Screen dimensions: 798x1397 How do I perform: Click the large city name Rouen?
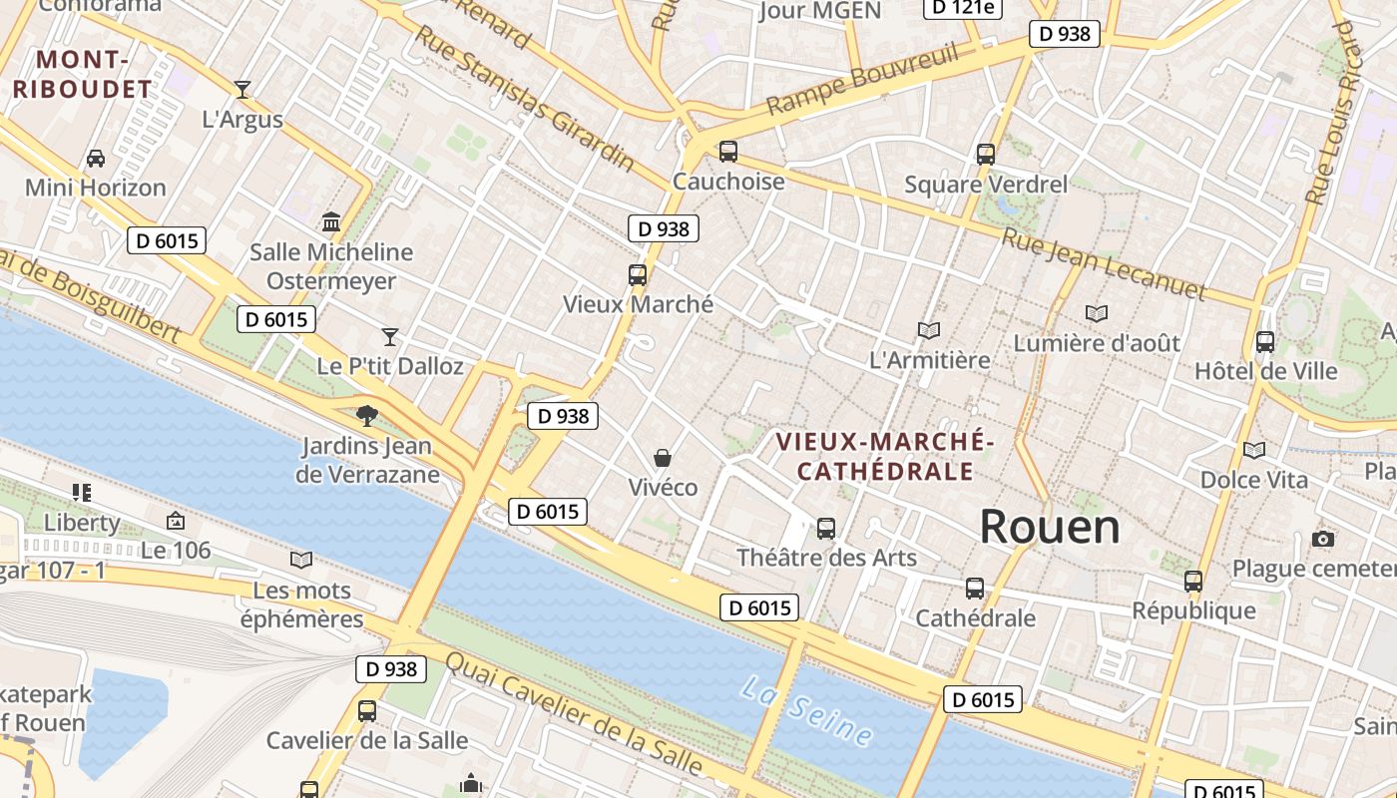coord(1050,526)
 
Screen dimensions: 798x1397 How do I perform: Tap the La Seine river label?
coord(806,710)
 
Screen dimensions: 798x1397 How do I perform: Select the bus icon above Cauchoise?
coord(728,152)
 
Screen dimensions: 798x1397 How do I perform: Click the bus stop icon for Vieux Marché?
coord(638,274)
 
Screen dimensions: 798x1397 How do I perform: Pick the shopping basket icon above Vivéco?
coord(662,458)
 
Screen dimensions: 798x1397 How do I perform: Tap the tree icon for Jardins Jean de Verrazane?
coord(367,415)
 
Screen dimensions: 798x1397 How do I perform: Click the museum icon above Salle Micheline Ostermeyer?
coord(331,221)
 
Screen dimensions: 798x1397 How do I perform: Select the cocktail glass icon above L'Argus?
coord(241,90)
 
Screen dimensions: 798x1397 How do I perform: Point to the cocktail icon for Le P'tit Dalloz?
coord(390,337)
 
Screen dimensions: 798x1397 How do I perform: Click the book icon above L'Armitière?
coord(929,330)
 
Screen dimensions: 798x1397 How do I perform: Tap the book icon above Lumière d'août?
coord(1097,313)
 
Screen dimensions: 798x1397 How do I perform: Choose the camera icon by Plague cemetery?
coord(1323,539)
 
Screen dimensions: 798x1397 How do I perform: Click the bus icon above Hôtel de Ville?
coord(1265,341)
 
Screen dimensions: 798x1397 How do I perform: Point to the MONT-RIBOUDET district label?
coord(83,75)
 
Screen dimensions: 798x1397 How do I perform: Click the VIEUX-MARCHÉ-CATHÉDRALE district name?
coord(885,456)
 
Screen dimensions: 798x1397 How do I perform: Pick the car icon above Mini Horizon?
coord(96,158)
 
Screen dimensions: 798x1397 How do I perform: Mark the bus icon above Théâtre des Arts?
coord(826,528)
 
